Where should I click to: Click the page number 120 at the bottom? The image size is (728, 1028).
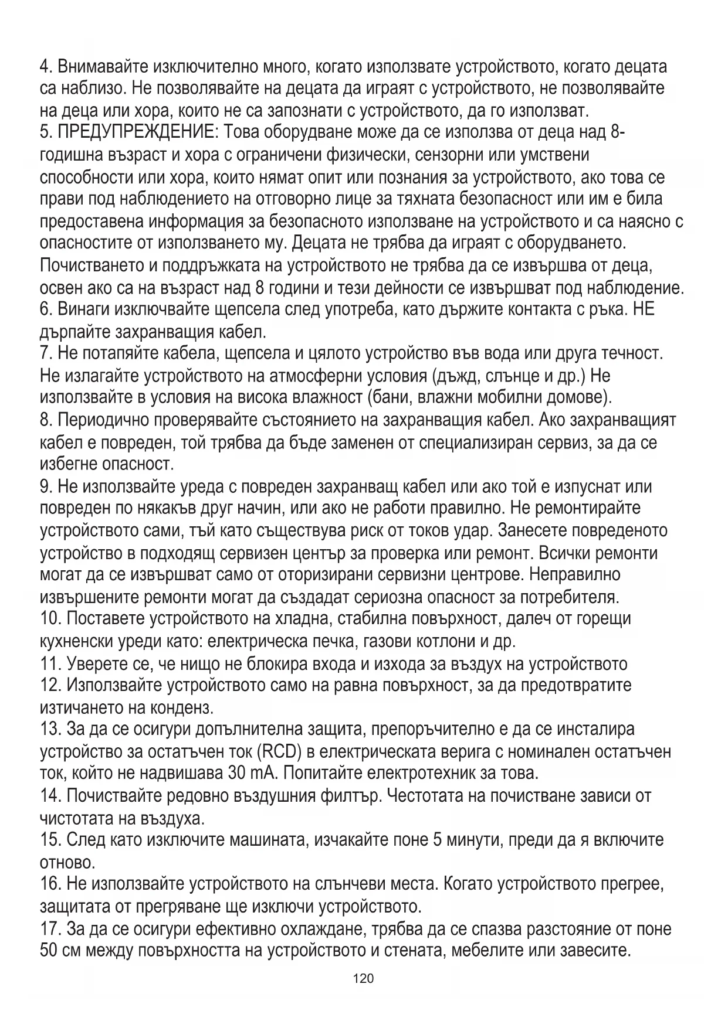coord(364,978)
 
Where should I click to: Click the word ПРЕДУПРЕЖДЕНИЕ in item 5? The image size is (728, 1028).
coord(137,132)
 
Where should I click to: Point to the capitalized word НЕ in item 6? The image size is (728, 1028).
coord(644,309)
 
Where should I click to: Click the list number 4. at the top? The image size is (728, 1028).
coord(46,66)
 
